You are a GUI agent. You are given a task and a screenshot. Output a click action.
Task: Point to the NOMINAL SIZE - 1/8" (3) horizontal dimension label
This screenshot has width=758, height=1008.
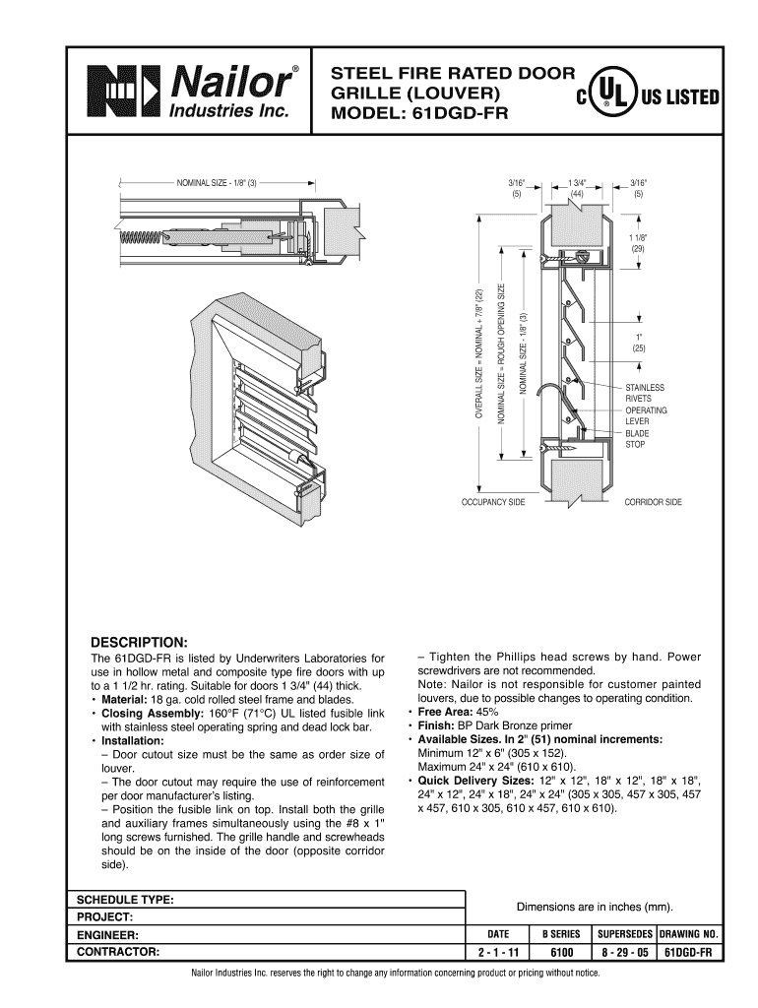click(216, 183)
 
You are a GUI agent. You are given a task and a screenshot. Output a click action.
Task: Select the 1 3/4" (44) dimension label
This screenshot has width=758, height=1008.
click(578, 188)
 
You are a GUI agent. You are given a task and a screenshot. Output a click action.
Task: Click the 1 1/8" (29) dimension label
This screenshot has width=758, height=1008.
click(638, 243)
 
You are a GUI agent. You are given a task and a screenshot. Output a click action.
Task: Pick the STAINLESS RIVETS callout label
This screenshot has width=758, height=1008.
click(645, 393)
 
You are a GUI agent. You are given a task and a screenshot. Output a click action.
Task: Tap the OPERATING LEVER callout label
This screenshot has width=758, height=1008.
click(646, 415)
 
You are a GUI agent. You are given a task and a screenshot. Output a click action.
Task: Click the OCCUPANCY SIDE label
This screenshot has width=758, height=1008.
click(493, 503)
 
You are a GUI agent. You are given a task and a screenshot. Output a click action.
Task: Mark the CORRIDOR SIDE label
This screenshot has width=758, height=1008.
click(653, 503)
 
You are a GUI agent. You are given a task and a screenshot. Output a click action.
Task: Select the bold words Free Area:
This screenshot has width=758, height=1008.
click(446, 712)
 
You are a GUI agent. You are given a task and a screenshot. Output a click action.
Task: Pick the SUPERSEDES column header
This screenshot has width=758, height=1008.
click(623, 932)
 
